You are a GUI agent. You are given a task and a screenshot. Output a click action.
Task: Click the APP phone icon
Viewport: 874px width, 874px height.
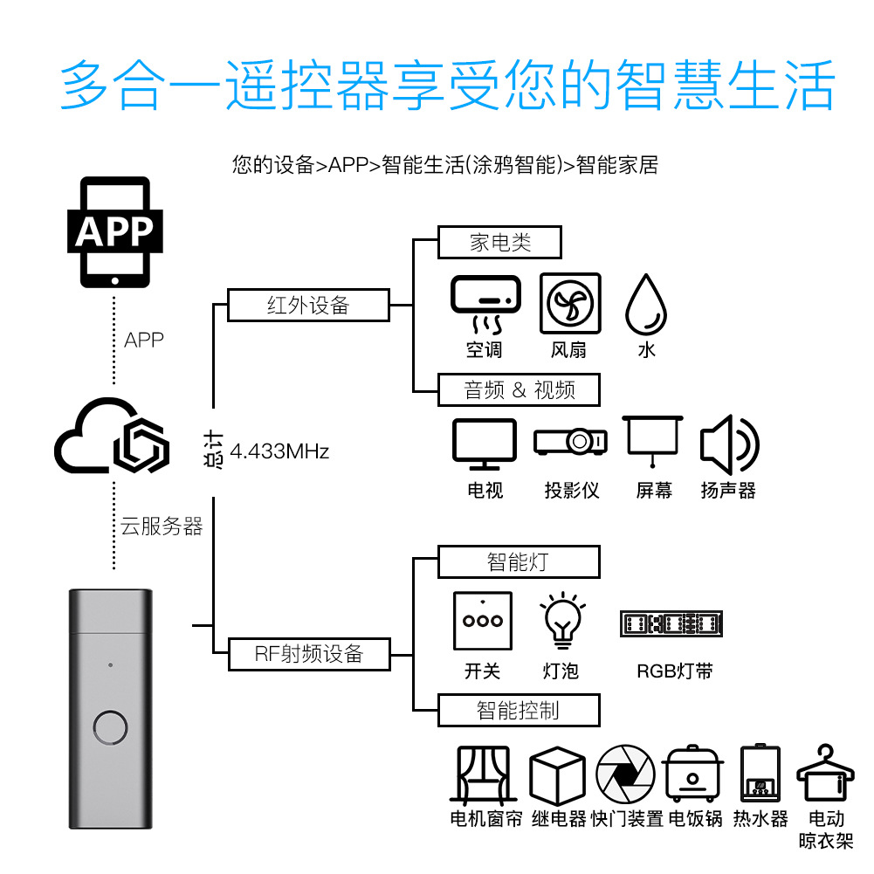point(114,232)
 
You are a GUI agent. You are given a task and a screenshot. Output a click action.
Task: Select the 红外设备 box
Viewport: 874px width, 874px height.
point(307,305)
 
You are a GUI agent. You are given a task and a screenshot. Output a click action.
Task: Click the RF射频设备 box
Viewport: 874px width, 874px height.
point(308,653)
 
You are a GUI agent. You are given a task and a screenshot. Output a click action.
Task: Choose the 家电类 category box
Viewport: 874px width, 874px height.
point(499,242)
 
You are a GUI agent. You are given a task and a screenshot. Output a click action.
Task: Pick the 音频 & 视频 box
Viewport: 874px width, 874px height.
point(519,389)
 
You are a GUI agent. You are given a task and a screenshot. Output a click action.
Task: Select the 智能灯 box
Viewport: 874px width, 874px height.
point(519,561)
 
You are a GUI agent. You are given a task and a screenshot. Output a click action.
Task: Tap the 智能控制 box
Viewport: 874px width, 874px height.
point(519,710)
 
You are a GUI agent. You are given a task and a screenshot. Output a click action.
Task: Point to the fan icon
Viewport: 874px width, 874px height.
point(569,304)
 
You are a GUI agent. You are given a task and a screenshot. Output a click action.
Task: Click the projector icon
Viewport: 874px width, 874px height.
point(570,441)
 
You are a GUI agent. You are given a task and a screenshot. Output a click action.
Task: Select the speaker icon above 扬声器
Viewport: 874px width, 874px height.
point(729,444)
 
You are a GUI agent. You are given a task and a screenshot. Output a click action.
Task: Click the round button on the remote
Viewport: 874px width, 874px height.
point(111,728)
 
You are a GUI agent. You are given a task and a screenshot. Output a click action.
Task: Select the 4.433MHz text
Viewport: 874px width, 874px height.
point(279,452)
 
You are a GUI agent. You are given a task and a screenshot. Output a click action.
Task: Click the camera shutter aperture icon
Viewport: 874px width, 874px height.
point(624,774)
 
